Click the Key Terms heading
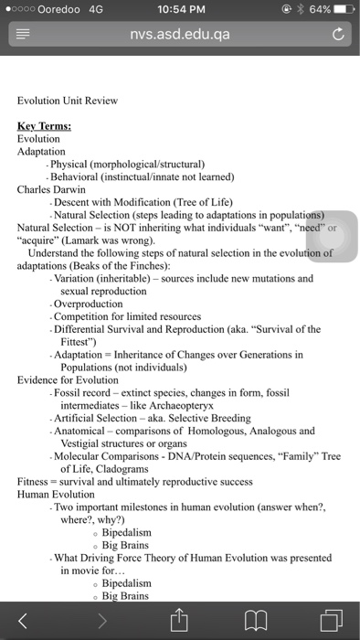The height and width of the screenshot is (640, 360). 45,126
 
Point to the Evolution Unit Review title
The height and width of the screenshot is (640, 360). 67,101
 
